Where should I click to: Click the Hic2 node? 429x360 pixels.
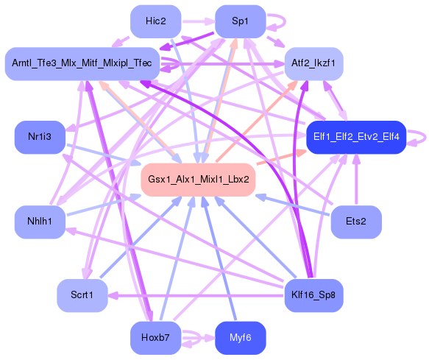(x=155, y=21)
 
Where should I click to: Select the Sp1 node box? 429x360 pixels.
(x=240, y=21)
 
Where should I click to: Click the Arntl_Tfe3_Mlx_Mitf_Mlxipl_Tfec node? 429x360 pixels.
(x=81, y=64)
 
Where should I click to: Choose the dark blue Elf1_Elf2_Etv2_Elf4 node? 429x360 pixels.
(x=355, y=137)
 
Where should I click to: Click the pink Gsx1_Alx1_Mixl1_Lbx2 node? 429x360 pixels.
(x=198, y=180)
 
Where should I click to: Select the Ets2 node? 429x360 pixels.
(x=355, y=222)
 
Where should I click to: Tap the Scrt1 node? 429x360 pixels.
(x=82, y=295)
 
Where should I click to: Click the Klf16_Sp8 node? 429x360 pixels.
(x=313, y=295)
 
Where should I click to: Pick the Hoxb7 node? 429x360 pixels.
(x=155, y=338)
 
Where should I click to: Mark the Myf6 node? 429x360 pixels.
(x=240, y=338)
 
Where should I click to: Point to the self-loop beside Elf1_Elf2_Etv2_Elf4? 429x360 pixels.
(x=422, y=137)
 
